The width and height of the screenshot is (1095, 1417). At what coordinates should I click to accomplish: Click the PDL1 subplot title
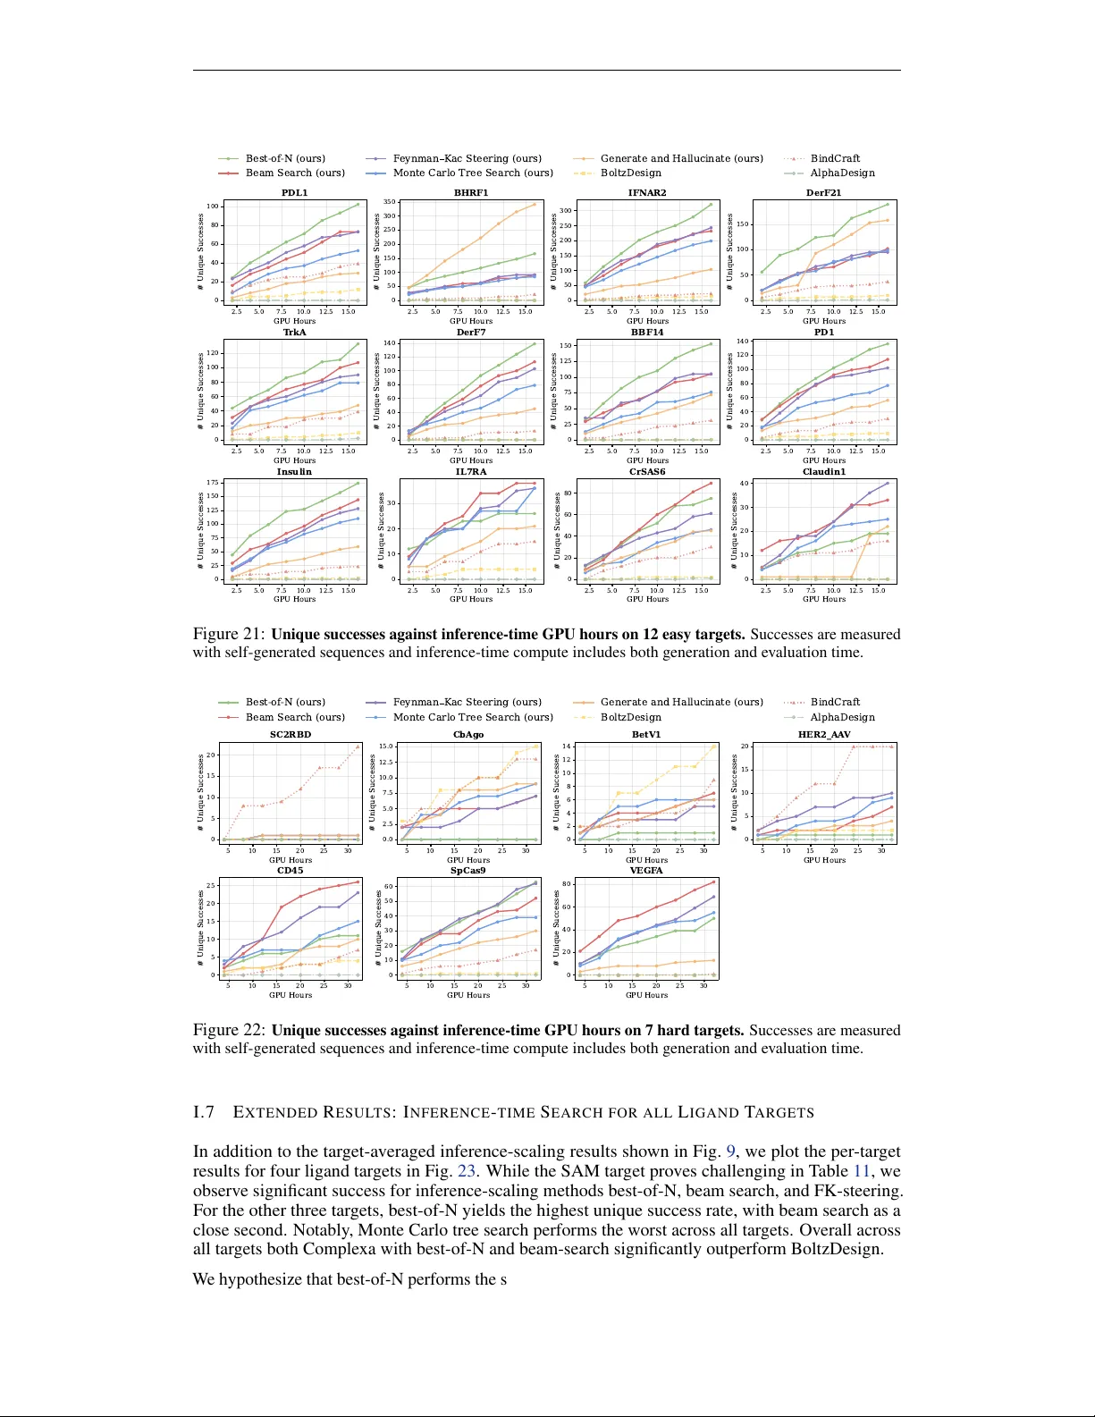(x=294, y=192)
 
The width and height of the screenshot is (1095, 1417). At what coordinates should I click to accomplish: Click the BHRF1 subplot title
(x=471, y=192)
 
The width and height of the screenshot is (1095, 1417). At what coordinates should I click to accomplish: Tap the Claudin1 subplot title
(x=823, y=471)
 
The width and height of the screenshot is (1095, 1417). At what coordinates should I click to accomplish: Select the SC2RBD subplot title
(x=291, y=734)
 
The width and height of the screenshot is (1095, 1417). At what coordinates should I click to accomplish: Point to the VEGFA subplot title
(x=646, y=870)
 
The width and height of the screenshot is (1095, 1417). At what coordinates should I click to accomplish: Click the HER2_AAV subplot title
(x=823, y=734)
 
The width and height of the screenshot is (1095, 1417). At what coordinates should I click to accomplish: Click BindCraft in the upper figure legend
(x=835, y=158)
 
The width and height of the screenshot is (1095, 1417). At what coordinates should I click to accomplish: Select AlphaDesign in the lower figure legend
(x=842, y=717)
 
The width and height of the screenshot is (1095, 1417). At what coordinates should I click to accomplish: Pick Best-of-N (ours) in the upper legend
(x=285, y=158)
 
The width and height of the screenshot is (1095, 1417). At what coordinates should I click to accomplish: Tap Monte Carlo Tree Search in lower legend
(x=473, y=717)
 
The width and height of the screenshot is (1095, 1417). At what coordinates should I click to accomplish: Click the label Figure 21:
(x=229, y=635)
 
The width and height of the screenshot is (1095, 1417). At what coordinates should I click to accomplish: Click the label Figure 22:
(x=229, y=1031)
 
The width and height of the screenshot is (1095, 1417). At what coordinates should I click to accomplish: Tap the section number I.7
(x=204, y=1112)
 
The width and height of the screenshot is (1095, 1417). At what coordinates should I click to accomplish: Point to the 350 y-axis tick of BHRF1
(x=390, y=202)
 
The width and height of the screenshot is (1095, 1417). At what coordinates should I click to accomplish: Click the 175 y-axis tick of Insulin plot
(x=213, y=483)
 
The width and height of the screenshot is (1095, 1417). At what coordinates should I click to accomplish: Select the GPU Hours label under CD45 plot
(x=291, y=994)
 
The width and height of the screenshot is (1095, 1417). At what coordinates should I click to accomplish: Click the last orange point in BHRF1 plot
(x=535, y=204)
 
